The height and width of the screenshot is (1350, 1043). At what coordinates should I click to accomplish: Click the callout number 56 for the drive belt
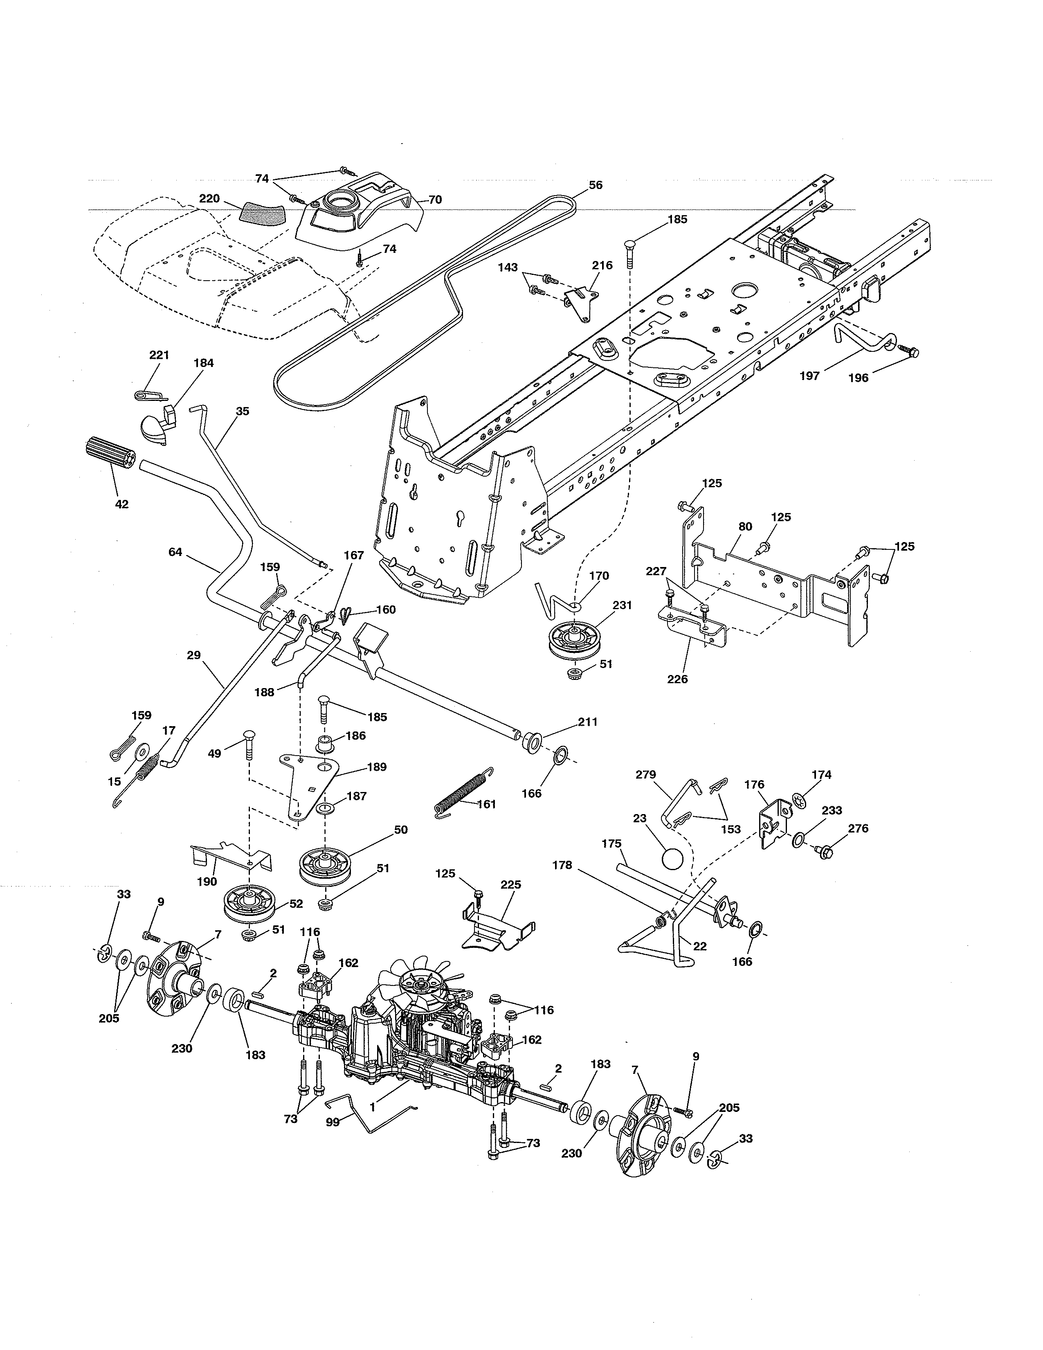click(595, 185)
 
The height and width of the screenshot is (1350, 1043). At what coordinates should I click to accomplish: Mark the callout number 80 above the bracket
click(745, 526)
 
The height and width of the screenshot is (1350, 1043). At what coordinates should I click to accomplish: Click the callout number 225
click(510, 884)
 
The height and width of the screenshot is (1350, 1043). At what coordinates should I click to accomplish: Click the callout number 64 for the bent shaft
click(175, 552)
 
